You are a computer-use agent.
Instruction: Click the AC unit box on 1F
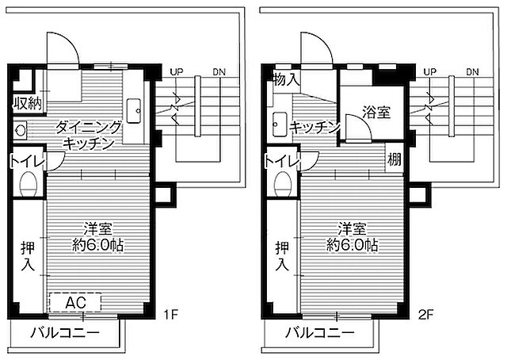click(x=75, y=302)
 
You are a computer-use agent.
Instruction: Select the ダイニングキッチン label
click(x=88, y=134)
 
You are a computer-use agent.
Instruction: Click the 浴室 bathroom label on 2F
click(x=376, y=112)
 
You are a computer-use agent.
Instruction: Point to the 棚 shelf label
click(x=394, y=158)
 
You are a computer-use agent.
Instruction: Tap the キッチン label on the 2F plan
click(x=314, y=128)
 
